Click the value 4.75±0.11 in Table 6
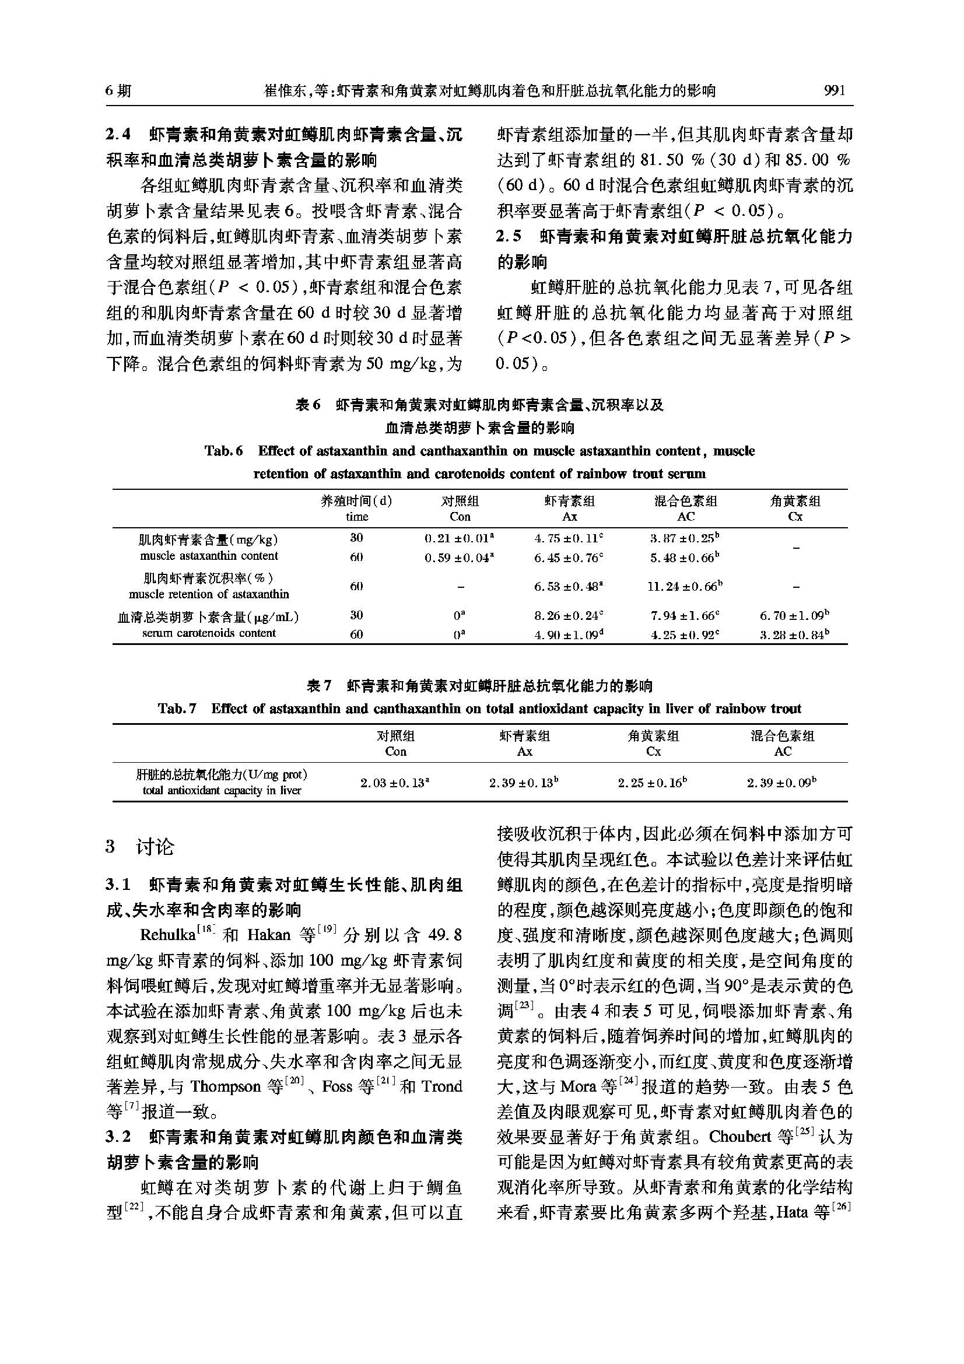(x=569, y=539)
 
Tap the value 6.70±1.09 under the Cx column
(x=794, y=615)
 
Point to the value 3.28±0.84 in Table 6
(x=794, y=634)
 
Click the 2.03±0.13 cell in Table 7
(x=395, y=783)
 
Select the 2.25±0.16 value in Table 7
(x=653, y=783)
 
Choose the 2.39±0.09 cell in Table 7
(x=781, y=783)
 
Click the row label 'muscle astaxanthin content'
(x=209, y=556)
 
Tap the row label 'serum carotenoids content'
(x=209, y=633)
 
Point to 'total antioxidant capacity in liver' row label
(x=222, y=791)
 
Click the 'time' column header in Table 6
(x=357, y=516)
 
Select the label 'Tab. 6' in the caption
(x=224, y=451)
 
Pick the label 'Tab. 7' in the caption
(x=177, y=709)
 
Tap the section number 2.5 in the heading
(x=509, y=236)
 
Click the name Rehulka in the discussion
(x=167, y=935)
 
